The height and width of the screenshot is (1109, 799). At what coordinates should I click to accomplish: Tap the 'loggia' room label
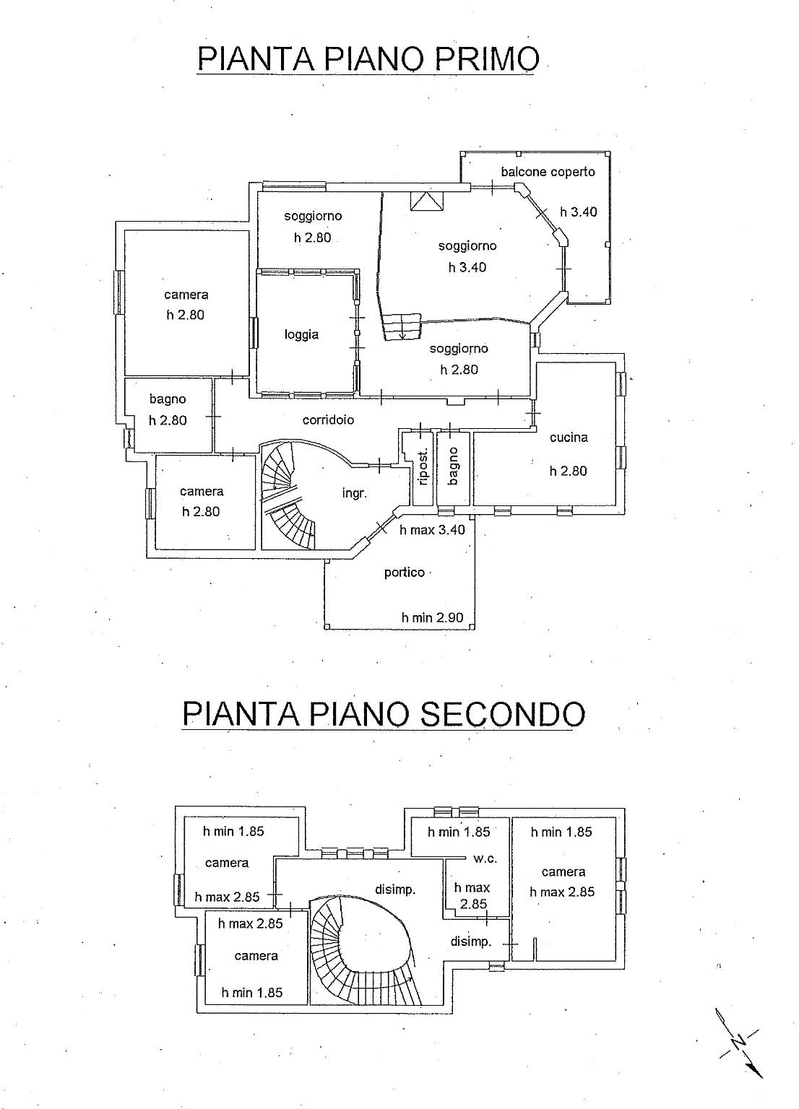click(301, 335)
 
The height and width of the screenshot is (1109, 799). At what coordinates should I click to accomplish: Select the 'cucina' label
click(569, 437)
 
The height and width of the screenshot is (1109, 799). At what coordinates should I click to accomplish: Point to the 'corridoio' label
click(329, 419)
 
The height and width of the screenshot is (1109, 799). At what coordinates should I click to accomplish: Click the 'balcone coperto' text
click(548, 172)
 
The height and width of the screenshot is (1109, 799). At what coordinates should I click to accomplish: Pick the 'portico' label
click(405, 573)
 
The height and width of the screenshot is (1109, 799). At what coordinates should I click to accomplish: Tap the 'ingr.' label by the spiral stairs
click(355, 493)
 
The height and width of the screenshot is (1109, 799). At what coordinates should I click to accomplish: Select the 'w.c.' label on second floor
click(485, 859)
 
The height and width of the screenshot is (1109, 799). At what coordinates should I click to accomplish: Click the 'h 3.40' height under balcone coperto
click(579, 212)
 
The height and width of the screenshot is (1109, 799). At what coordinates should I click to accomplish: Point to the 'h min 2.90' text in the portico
click(433, 617)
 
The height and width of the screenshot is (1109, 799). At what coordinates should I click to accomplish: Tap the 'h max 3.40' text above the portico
click(433, 530)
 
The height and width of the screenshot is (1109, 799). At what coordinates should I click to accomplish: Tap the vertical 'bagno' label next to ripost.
click(453, 466)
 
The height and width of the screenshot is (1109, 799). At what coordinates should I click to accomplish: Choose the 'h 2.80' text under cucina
click(568, 471)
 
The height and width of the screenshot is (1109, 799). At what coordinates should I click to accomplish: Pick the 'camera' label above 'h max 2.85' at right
click(563, 871)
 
